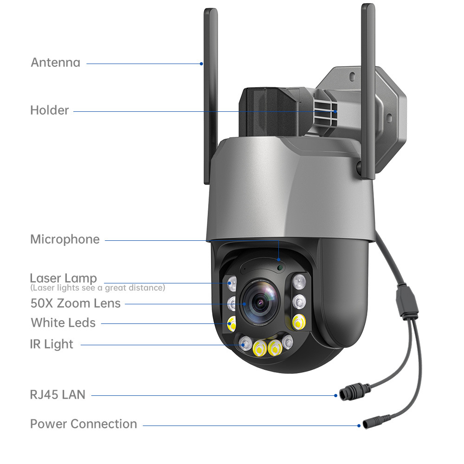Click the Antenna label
[55, 62]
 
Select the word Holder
[49, 110]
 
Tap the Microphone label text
[65, 239]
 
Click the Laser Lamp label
[63, 278]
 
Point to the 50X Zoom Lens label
[75, 303]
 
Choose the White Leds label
[63, 323]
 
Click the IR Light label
[52, 344]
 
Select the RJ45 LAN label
[58, 395]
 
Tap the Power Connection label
[84, 424]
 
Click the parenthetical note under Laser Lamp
[97, 288]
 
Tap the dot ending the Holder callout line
[335, 111]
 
